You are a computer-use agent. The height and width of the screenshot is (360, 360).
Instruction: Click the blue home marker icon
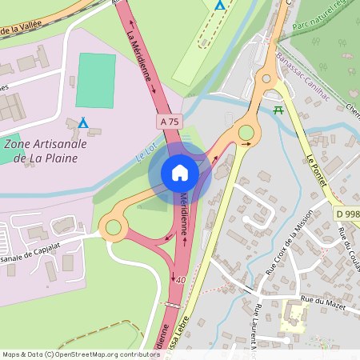179,173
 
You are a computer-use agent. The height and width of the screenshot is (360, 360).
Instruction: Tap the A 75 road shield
168,121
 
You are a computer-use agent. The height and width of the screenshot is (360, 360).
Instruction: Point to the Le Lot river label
143,151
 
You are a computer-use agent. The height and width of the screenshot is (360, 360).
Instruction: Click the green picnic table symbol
278,110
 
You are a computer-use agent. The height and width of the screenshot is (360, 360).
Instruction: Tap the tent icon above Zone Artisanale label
83,122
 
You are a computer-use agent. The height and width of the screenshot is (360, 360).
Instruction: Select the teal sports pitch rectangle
96,80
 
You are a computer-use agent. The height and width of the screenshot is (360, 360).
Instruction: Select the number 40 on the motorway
182,280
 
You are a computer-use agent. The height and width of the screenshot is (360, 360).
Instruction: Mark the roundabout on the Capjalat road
113,229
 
